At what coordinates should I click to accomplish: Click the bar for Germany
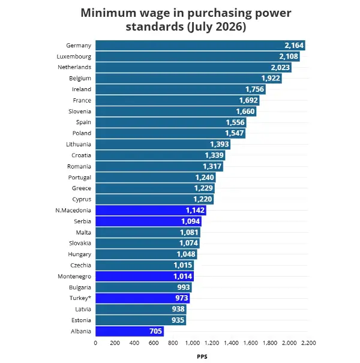click(x=200, y=46)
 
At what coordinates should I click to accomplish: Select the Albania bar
click(x=130, y=331)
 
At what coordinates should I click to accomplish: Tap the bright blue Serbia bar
click(x=148, y=221)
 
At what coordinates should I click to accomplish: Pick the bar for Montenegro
click(x=145, y=276)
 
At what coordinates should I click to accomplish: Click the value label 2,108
click(x=289, y=56)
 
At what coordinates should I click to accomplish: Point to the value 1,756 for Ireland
click(x=254, y=89)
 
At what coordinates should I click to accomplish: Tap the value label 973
click(x=182, y=298)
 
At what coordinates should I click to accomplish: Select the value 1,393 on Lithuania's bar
click(x=219, y=144)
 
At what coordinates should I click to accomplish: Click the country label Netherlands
click(x=74, y=67)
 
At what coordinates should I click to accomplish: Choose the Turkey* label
click(x=80, y=298)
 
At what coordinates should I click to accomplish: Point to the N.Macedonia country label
click(x=73, y=210)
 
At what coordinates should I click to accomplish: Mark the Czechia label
click(x=80, y=265)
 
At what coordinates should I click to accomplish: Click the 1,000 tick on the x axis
click(x=193, y=343)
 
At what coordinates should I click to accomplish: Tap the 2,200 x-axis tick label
click(x=308, y=343)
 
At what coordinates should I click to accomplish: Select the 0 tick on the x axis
click(x=95, y=343)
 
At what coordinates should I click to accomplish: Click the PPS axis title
click(x=202, y=356)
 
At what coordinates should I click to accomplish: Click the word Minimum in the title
click(x=109, y=13)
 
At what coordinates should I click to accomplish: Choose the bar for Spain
click(x=171, y=122)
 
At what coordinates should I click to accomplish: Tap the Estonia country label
click(x=81, y=320)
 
